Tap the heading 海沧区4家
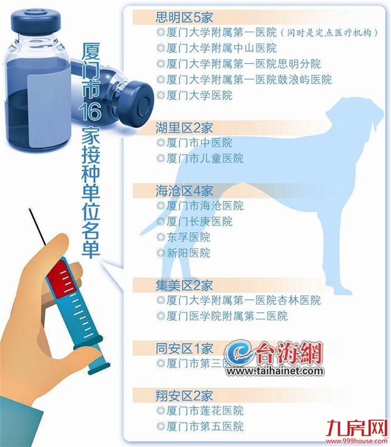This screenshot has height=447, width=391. click(184, 190)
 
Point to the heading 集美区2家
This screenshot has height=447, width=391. click(184, 285)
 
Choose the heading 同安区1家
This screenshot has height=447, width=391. click(184, 348)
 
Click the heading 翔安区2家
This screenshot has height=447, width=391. click(184, 395)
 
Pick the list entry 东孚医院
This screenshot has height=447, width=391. click(185, 237)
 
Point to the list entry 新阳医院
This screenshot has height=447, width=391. click(185, 253)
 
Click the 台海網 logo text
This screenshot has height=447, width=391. click(288, 354)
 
